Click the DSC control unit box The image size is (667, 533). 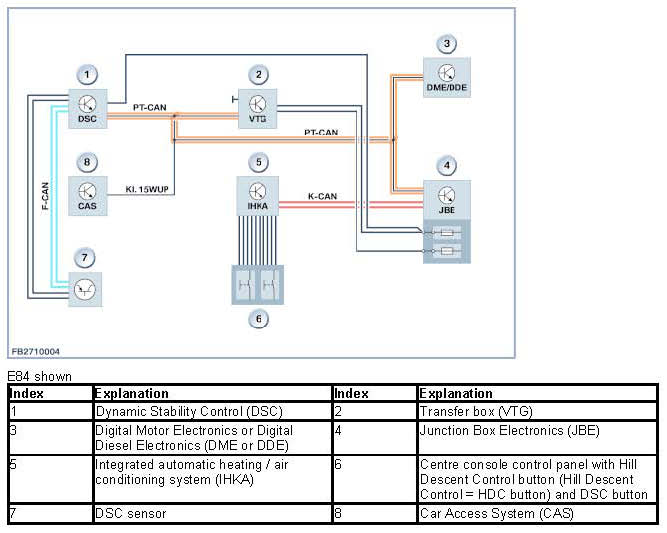pos(88,108)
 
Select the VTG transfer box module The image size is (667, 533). pos(257,108)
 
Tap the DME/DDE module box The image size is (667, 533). pos(447,77)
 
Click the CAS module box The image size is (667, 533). pos(88,196)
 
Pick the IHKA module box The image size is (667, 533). pos(257,196)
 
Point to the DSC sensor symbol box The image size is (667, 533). pos(85,289)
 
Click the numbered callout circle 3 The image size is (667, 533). pos(447,43)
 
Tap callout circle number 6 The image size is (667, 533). pos(259,319)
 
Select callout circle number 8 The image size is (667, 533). pos(87,162)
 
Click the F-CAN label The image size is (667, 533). pos(45,196)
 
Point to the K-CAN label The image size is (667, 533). pos(322,196)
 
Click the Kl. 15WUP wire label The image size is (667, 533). pos(147,189)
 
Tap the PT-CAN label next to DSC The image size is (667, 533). pos(149,107)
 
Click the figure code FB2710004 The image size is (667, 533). pos(35,351)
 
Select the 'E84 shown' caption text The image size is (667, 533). pos(40,376)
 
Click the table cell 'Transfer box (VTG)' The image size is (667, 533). pos(476,411)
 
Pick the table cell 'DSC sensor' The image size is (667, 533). pos(131,513)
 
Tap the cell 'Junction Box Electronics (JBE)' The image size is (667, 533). pos(510,430)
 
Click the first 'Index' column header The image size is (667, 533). pos(26,393)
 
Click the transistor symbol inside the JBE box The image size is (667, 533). pos(446,195)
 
